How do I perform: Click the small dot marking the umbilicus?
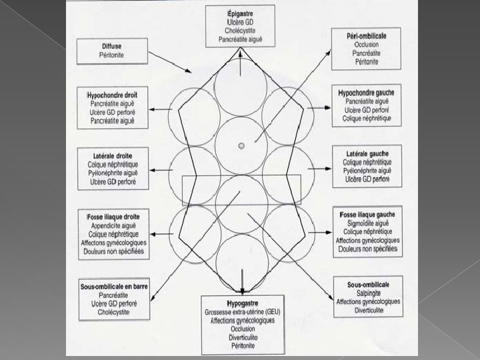click(241, 144)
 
